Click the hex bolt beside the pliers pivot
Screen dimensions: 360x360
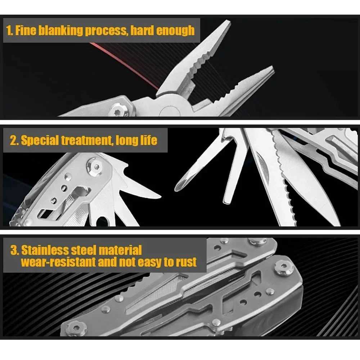pos(119,111)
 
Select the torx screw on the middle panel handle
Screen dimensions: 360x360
pos(96,166)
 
